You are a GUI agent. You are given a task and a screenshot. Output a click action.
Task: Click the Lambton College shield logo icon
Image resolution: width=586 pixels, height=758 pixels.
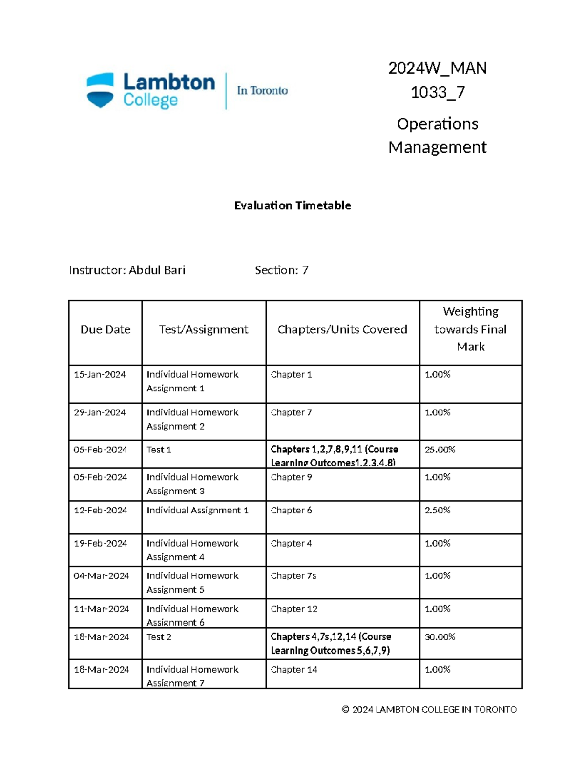100,90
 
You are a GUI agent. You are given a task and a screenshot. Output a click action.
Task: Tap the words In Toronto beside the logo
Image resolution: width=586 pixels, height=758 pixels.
262,91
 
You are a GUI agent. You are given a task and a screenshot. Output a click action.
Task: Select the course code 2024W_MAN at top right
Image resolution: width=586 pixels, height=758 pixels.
437,68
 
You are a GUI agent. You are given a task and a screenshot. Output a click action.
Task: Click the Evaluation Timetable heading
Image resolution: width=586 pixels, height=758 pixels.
293,205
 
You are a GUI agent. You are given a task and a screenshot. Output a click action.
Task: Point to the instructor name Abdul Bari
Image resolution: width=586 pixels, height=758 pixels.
157,270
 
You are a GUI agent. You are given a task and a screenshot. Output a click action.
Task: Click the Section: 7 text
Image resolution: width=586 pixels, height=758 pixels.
281,270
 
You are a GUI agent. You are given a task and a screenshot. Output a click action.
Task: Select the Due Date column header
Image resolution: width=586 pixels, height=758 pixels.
105,330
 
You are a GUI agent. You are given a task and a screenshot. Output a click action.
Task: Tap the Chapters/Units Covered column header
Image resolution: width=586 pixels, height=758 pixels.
342,330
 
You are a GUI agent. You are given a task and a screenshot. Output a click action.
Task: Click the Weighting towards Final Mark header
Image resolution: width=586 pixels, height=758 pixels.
470,329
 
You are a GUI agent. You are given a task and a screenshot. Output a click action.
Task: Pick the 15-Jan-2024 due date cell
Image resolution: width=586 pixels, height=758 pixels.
100,375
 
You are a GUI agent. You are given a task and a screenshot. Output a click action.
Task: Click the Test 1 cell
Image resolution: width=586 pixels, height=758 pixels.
159,450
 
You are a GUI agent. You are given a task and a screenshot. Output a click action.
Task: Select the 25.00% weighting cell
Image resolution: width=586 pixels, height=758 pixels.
439,450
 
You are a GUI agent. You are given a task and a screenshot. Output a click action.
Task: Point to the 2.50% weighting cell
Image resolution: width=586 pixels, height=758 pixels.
438,511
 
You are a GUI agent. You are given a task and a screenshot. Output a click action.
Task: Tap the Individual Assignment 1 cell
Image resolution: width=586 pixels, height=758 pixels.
197,511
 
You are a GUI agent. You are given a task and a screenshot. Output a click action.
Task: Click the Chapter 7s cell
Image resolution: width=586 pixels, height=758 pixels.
293,576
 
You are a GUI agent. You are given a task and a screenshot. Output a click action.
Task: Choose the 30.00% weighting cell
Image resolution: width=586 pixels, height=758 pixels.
439,637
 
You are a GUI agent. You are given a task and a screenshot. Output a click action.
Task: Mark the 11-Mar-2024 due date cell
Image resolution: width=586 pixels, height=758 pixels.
101,609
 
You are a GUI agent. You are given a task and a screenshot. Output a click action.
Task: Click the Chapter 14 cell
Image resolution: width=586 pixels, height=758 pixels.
294,670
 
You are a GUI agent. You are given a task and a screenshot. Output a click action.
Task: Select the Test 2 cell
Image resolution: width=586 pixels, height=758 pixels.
159,637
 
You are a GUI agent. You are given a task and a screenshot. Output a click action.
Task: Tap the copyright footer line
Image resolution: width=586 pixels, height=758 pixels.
429,710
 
